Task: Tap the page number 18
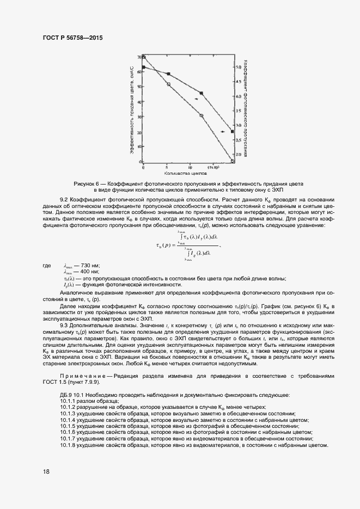[46, 471]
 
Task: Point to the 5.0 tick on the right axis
[238, 67]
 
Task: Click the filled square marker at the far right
[233, 131]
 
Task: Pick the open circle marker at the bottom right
[233, 161]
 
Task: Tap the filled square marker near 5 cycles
[168, 73]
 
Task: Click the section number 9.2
[65, 200]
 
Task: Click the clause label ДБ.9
[67, 394]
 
